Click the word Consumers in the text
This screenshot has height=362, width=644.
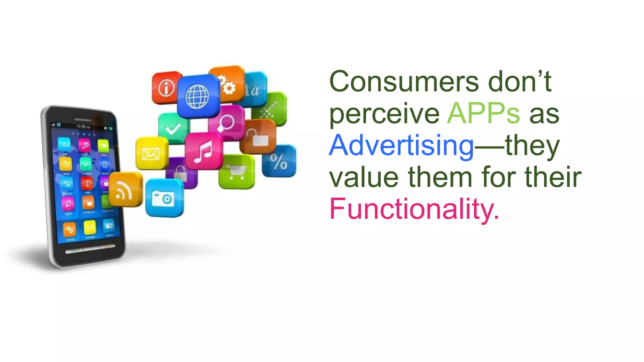404,82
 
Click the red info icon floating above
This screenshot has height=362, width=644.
166,87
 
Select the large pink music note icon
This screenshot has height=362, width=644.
204,151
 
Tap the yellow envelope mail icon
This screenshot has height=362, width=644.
151,153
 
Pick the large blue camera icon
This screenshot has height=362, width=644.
164,198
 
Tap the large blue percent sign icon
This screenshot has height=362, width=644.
279,161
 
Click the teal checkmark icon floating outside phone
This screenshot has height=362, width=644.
173,128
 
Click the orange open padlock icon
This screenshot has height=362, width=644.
258,137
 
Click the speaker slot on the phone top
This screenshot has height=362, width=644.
83,120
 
